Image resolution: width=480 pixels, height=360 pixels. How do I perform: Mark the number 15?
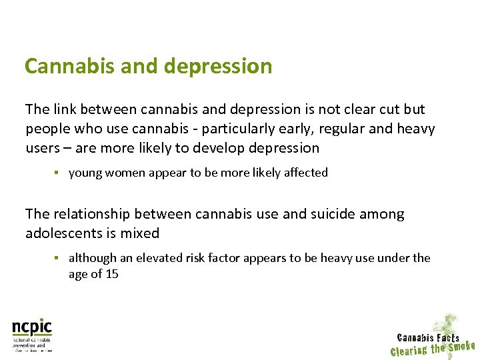(x=111, y=274)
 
